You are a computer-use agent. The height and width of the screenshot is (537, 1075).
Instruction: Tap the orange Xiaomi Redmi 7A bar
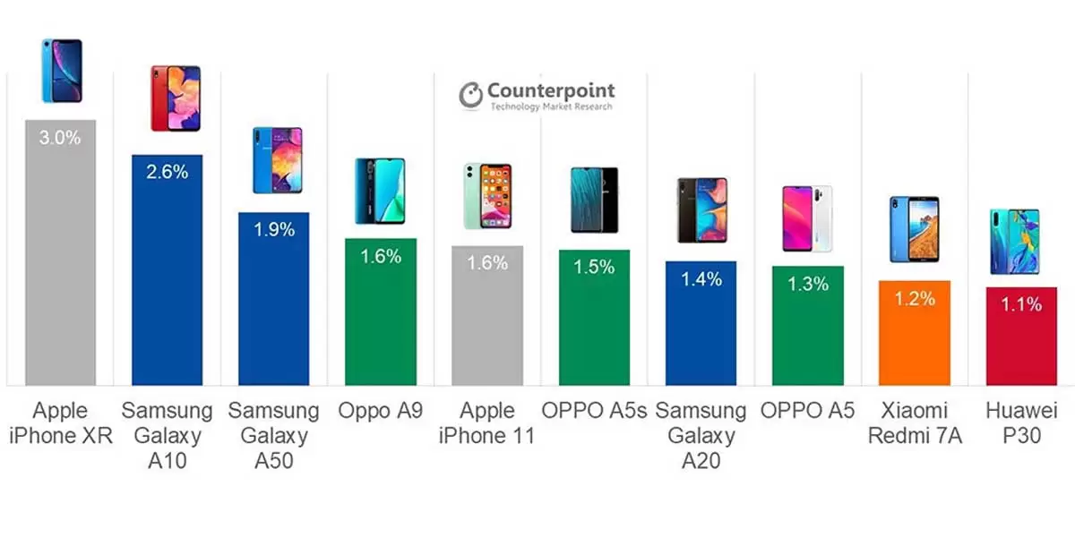coord(914,340)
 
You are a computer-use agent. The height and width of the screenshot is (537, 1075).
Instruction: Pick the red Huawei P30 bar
coord(1021,345)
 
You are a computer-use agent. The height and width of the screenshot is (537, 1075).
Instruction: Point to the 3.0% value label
coord(60,138)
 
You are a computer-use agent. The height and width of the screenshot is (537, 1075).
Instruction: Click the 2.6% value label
coord(167,172)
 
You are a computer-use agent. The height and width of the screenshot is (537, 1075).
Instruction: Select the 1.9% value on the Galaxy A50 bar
coord(273,229)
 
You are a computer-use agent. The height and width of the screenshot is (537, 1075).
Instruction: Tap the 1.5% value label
coord(594,267)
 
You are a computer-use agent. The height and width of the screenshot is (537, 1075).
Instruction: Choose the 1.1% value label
coord(1021,304)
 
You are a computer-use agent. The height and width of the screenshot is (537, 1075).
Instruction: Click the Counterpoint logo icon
coord(471,95)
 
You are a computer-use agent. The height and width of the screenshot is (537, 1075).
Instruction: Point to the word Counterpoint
coord(551,90)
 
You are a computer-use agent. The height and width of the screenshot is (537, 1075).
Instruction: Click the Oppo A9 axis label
coord(380,411)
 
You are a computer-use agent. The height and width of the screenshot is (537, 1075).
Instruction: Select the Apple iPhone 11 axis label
coord(487,423)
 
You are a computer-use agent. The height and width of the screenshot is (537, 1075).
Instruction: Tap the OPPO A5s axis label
coord(594,411)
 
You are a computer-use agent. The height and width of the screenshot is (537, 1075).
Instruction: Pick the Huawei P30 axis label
coord(1021,423)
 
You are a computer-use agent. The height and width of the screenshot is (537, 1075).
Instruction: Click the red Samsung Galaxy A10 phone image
coord(176,98)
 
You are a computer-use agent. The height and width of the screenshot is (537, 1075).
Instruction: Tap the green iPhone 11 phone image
coord(487,196)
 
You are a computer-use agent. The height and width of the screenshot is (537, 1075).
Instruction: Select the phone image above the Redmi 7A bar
coord(914,229)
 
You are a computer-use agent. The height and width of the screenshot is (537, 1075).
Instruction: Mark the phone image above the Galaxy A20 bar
coord(701,210)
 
